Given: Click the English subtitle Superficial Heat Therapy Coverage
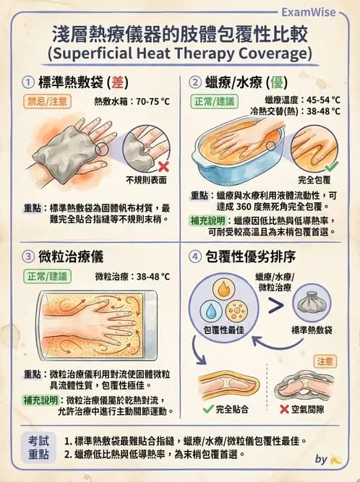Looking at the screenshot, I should pos(179,53).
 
